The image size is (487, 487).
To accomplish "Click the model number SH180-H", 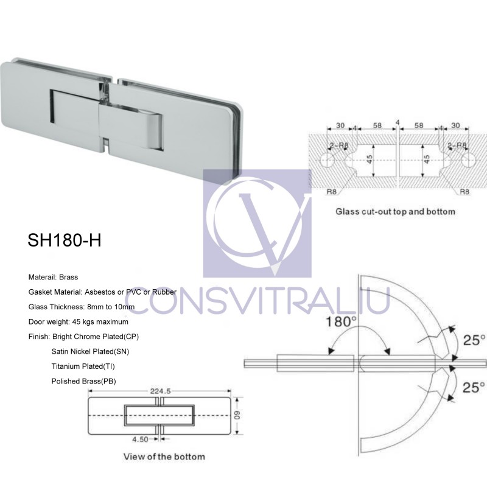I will (64, 240).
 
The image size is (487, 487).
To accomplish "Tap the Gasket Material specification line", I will (102, 292).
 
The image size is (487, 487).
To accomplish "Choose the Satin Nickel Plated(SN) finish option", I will (90, 351).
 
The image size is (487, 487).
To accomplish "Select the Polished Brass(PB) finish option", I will (84, 381).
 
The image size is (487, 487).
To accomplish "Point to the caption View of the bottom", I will (164, 456).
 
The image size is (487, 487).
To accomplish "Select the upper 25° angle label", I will (474, 339).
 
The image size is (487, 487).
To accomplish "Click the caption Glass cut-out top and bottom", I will (395, 212).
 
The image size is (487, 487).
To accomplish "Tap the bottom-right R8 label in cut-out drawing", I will (464, 191).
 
